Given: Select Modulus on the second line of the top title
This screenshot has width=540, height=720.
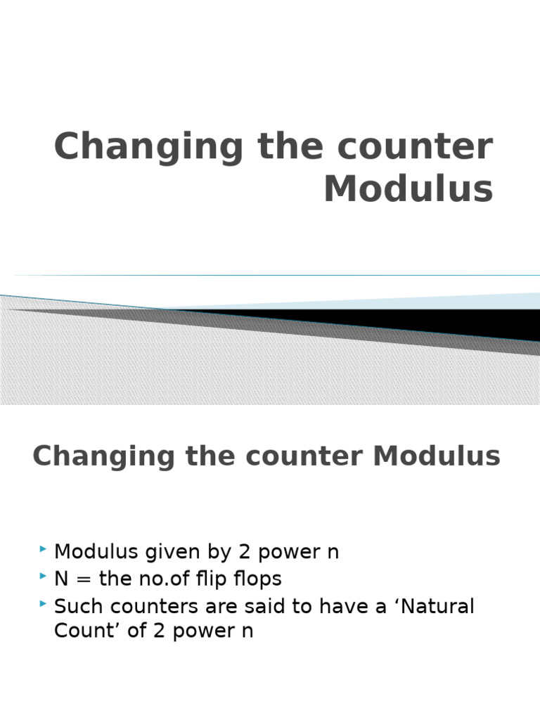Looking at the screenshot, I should click(408, 188).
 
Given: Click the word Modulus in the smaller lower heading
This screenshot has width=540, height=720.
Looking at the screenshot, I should click(437, 456).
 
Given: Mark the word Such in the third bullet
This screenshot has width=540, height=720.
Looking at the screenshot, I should click(75, 606).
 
